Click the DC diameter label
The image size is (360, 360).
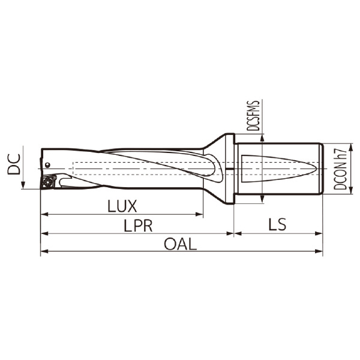13,164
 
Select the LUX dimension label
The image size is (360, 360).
122,206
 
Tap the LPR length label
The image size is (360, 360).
138,226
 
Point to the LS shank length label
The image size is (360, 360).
277,225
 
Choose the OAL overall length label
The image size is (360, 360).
180,244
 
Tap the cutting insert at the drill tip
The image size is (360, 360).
48,181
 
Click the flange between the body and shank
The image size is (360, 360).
229,169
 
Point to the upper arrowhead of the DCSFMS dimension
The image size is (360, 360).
263,138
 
